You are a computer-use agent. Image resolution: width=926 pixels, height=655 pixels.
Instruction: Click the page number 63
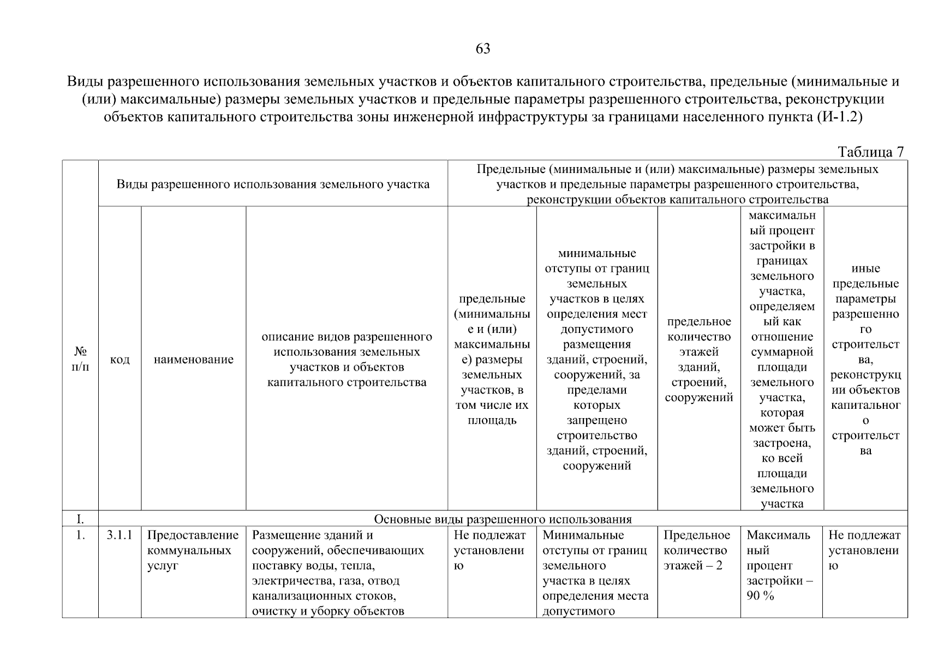point(483,49)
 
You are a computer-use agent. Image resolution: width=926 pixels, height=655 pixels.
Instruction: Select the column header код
point(120,359)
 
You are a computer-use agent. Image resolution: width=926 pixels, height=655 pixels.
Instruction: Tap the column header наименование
point(193,359)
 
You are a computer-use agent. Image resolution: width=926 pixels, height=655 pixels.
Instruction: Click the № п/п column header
point(80,359)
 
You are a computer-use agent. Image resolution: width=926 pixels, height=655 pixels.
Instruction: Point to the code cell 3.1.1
point(120,535)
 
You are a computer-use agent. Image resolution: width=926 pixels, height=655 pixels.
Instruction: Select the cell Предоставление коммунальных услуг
point(193,550)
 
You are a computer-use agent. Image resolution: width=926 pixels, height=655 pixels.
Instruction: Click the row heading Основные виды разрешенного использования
point(502,519)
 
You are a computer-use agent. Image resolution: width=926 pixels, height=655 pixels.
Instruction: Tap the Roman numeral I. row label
point(80,519)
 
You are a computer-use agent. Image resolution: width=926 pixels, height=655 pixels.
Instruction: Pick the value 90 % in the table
point(760,596)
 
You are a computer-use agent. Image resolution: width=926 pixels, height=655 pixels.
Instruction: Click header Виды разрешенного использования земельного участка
point(273,184)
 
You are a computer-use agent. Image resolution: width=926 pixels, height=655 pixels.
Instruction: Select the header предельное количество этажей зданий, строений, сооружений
point(698,359)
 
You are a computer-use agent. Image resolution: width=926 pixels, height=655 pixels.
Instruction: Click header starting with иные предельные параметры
point(865,359)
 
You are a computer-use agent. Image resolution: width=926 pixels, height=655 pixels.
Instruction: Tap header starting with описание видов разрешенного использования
point(346,359)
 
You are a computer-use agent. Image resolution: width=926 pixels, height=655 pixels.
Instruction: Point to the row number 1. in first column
point(80,535)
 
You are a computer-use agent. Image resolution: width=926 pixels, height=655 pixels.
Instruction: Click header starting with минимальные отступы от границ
point(596,359)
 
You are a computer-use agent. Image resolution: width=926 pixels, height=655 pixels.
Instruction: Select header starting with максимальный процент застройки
point(781,359)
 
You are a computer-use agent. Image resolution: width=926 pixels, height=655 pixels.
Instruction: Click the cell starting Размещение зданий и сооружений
point(338,573)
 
